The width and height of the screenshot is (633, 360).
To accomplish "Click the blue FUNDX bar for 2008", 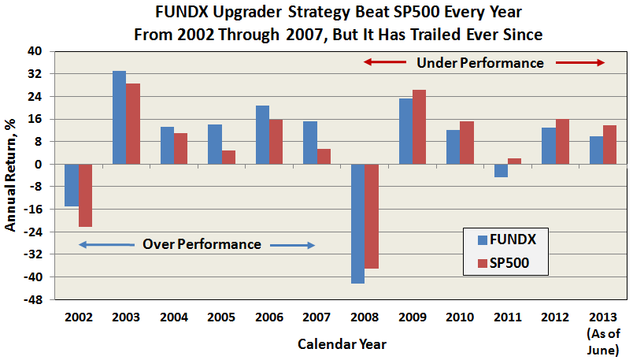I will click(x=358, y=223).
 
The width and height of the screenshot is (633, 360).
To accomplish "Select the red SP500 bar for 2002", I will click(x=85, y=195).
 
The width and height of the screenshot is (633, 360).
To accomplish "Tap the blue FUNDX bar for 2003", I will click(x=119, y=117).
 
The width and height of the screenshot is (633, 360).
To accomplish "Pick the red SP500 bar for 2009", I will click(x=420, y=127).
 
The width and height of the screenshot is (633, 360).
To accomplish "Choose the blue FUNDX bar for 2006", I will click(x=262, y=135).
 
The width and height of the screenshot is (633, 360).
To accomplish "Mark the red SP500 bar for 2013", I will click(x=610, y=144).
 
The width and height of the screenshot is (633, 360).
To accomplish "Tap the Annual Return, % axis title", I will click(x=11, y=175).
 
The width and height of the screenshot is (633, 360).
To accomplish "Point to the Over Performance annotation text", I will click(x=202, y=244).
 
